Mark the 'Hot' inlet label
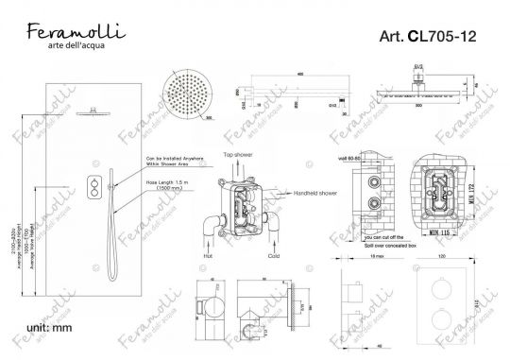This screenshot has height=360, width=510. (x=207, y=254)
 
